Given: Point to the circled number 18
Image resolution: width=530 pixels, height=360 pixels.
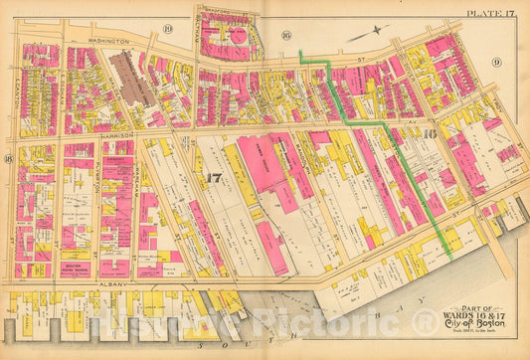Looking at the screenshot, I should click(8, 158).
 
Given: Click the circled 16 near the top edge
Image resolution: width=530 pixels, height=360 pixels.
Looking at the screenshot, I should click(285, 36).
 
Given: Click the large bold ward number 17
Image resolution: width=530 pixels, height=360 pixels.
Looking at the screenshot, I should click(212, 178).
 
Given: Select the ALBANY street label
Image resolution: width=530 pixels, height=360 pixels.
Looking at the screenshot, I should click(109, 283).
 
